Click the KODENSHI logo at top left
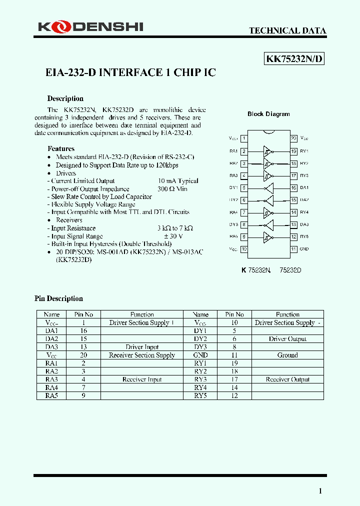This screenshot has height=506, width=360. tap(90, 26)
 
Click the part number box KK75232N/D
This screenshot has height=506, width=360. tap(294, 59)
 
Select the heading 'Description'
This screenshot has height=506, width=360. tap(65, 98)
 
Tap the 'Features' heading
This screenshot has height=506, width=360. tap(61, 148)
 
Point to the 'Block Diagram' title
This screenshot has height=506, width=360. tap(268, 114)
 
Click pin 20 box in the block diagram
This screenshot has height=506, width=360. tap(293, 138)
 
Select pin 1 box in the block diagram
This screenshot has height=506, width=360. tap(243, 138)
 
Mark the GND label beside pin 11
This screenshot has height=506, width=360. tap(304, 248)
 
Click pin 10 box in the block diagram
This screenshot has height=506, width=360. tap(243, 248)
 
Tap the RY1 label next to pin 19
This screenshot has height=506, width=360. tap(304, 151)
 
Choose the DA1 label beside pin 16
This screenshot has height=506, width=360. tap(304, 187)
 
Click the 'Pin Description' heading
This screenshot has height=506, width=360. tap(58, 298)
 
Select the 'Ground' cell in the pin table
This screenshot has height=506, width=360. tap(287, 355)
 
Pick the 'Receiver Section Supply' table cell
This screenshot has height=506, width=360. tap(142, 355)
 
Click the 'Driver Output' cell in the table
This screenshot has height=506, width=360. tap(287, 339)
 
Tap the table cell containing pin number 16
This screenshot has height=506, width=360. tap(83, 331)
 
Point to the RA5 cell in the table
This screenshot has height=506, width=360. tap(52, 395)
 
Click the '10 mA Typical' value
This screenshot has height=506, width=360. tap(178, 180)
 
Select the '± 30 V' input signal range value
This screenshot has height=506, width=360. tap(173, 236)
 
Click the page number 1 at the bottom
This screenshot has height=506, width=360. tap(320, 491)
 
